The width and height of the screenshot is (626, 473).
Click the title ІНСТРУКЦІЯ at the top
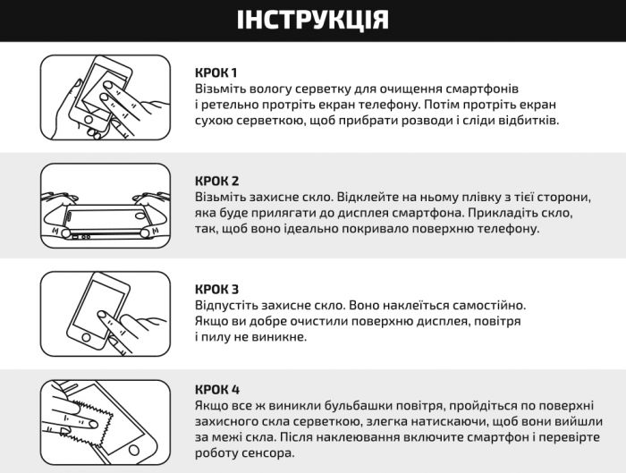click(x=312, y=20)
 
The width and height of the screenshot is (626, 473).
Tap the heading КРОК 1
click(x=216, y=72)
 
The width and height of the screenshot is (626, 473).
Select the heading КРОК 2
click(x=216, y=181)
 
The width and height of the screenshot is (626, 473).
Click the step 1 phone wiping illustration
click(x=106, y=99)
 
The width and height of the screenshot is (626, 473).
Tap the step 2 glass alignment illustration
click(x=106, y=207)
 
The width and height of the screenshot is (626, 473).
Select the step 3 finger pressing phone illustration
click(x=106, y=314)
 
